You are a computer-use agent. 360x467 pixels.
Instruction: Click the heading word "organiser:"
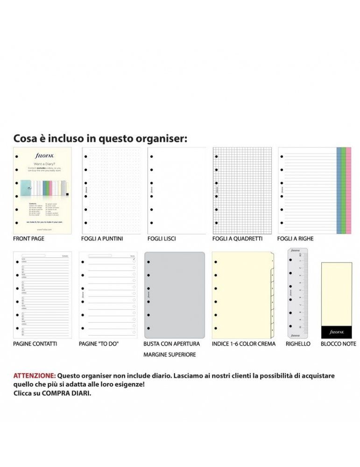161,139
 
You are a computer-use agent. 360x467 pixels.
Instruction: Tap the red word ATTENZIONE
35,375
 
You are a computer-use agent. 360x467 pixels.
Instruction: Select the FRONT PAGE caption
29,239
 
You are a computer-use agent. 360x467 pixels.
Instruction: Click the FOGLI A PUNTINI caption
102,239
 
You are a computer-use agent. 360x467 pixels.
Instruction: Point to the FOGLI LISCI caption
162,239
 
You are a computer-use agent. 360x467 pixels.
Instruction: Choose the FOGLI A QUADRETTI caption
237,239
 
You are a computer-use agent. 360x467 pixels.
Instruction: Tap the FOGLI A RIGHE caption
295,239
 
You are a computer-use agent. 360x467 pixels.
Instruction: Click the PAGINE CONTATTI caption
35,344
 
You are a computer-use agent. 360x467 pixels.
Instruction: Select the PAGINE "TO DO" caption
99,344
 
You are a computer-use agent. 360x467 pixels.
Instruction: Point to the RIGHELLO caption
298,344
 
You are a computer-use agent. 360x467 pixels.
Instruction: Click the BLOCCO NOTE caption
338,344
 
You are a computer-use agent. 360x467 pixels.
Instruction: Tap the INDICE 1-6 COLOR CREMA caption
244,344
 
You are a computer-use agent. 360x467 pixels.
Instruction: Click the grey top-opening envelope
175,295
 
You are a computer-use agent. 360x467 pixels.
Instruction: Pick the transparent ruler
297,293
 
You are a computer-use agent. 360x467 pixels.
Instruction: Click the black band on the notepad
337,332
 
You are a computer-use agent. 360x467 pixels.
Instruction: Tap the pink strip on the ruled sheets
348,190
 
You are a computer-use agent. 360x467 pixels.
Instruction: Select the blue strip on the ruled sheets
339,190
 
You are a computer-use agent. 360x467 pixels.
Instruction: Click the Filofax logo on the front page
45,156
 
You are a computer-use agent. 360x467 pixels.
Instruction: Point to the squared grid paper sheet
242,191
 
